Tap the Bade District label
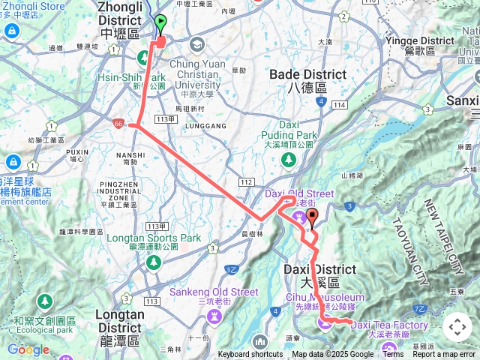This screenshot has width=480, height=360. pyautogui.click(x=307, y=75)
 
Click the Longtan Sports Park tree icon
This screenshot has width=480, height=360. pyautogui.click(x=154, y=262)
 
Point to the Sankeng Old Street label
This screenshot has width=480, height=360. pyautogui.click(x=213, y=292)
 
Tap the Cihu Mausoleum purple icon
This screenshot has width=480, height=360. pyautogui.click(x=324, y=322)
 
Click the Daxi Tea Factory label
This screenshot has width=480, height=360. pyautogui.click(x=388, y=325)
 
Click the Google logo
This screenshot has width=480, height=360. pyautogui.click(x=28, y=349)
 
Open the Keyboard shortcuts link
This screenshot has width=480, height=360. pyautogui.click(x=250, y=355)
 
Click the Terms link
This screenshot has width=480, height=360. pyautogui.click(x=393, y=355)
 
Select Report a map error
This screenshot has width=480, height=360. pyautogui.click(x=445, y=355)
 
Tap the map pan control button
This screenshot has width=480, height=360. pyautogui.click(x=457, y=327)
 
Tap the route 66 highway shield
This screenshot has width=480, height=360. pyautogui.click(x=118, y=122)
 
